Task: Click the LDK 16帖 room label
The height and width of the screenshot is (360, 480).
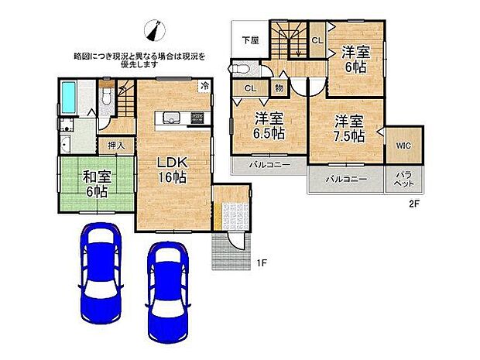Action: coord(173,169)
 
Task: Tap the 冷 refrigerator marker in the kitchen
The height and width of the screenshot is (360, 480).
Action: coord(204,85)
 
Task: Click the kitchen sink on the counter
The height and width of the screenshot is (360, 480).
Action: coord(171,118)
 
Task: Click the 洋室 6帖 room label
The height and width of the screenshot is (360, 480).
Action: coord(357,59)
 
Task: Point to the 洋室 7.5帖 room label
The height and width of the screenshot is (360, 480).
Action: coord(349,128)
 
